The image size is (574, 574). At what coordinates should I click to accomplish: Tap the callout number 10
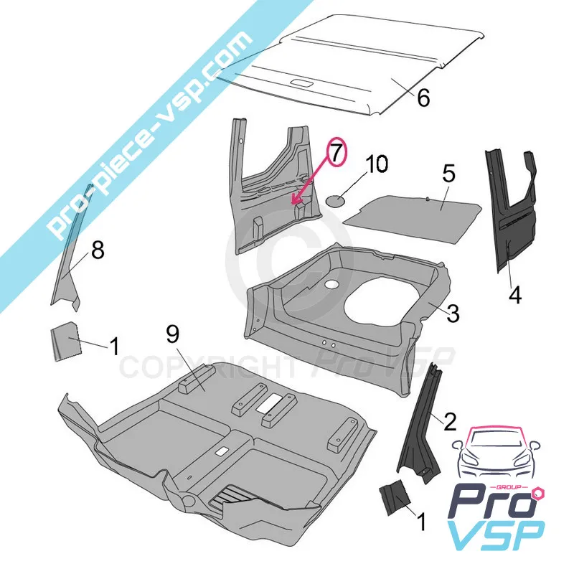(x=377, y=164)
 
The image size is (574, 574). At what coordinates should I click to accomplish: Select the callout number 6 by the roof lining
(x=423, y=98)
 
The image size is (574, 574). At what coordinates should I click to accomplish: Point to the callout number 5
(x=449, y=174)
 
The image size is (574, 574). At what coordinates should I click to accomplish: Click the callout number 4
(x=515, y=294)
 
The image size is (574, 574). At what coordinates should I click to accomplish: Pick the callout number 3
(x=453, y=314)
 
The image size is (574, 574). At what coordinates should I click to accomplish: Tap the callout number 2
(x=450, y=421)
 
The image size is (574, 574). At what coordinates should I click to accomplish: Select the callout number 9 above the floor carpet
(x=172, y=334)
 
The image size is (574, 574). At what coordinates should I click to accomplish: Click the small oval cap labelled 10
(x=335, y=201)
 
